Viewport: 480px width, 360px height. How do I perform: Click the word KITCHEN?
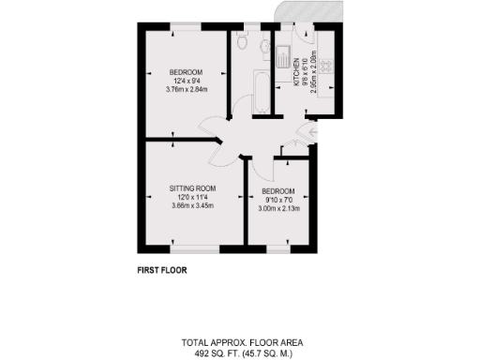[297, 71]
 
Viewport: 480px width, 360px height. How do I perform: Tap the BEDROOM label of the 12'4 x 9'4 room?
[186, 72]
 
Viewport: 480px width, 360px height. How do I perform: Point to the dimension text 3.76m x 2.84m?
[186, 90]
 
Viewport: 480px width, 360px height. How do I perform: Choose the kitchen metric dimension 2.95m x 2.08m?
[313, 70]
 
